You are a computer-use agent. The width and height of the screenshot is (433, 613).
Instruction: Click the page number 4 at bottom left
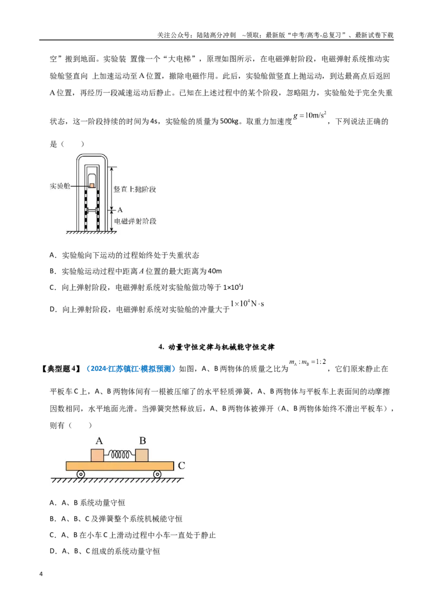(41, 574)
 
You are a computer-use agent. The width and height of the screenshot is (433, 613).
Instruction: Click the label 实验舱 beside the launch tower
(60, 186)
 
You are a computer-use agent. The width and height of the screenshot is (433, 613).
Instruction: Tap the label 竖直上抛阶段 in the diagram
(135, 189)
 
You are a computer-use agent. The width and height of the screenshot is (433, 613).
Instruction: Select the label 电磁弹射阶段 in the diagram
(135, 221)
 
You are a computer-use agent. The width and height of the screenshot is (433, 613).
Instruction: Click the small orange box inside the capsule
(92, 185)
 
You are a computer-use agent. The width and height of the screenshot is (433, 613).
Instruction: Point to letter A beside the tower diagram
(120, 210)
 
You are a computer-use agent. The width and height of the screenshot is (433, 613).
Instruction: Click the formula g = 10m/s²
(310, 115)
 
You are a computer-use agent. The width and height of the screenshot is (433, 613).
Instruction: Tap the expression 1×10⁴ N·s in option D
(247, 303)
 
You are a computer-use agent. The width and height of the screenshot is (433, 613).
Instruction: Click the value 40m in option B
(215, 271)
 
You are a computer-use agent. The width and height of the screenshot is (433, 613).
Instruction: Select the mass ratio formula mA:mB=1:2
(307, 362)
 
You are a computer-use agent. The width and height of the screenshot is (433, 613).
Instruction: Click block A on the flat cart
(97, 455)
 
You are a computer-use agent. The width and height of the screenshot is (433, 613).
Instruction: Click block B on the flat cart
(142, 455)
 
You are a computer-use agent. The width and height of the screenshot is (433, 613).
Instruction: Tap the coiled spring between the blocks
(120, 455)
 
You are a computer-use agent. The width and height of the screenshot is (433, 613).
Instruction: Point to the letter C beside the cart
(181, 466)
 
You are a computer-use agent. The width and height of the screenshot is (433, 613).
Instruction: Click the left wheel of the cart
(81, 474)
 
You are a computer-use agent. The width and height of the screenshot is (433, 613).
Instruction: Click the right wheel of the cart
(157, 474)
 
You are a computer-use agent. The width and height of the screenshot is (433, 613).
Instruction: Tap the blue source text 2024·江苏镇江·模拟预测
(131, 369)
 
